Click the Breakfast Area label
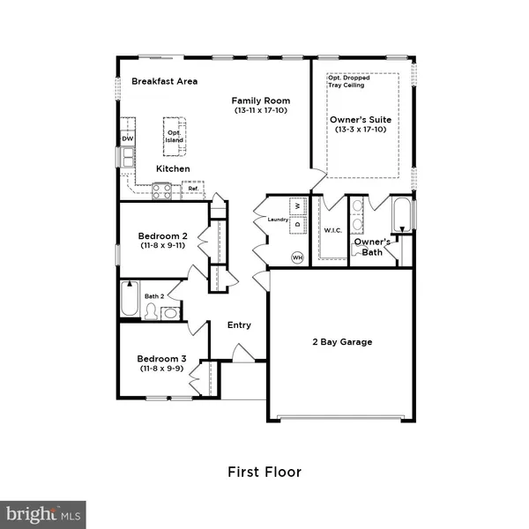(x=164, y=81)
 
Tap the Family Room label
(x=262, y=101)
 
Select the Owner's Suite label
(x=360, y=119)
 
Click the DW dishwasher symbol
(x=128, y=138)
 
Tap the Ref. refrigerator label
(x=191, y=188)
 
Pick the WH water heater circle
(x=297, y=257)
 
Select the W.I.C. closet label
(x=332, y=231)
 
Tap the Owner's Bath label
(x=372, y=246)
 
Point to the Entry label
(x=239, y=324)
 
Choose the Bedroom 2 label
(x=162, y=236)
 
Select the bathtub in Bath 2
(x=130, y=300)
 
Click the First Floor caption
(x=264, y=472)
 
